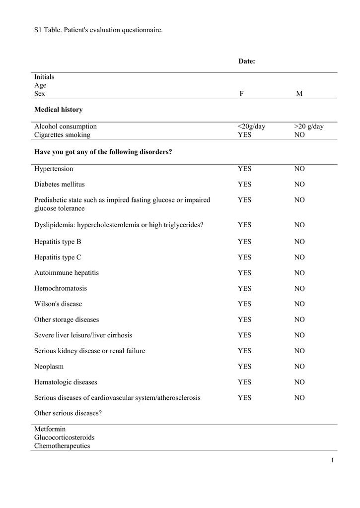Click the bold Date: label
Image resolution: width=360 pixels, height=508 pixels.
(246, 62)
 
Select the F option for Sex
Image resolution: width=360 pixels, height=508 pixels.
(241, 94)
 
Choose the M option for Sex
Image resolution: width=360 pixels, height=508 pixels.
(299, 94)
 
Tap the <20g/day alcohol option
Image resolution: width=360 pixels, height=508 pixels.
(251, 127)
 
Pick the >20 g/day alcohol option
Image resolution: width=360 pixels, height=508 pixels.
(308, 127)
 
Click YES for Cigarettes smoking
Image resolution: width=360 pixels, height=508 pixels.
(244, 134)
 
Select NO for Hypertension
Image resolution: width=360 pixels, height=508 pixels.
(299, 169)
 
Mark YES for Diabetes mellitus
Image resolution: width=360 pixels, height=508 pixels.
(244, 185)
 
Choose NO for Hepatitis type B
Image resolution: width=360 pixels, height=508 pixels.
(299, 242)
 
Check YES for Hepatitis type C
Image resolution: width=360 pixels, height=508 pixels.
(244, 257)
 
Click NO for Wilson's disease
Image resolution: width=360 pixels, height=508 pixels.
(299, 304)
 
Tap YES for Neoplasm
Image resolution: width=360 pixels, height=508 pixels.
(244, 367)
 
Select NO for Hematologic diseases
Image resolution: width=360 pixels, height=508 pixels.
(299, 382)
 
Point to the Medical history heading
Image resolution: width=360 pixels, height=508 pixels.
(58, 110)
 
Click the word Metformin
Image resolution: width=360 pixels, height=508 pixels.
(50, 429)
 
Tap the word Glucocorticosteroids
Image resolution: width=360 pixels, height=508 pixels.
(64, 438)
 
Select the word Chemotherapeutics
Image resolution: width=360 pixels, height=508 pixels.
(62, 446)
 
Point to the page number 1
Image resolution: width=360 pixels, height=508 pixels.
(332, 461)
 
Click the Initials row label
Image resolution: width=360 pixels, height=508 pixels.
(44, 77)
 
